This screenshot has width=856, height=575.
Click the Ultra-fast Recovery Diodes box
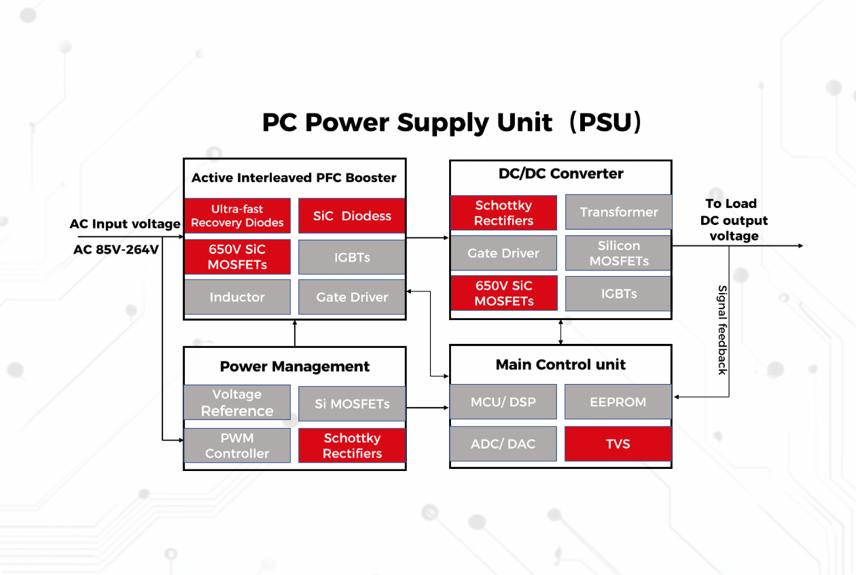237,216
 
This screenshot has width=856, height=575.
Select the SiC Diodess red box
352,216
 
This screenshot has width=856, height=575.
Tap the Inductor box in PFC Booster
237,297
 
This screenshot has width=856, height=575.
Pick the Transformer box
618,212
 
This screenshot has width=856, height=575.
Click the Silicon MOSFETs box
618,253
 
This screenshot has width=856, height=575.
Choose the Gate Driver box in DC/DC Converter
503,253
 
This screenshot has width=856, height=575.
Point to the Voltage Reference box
237,402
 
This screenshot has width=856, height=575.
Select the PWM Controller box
237,445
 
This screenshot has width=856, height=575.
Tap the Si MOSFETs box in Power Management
352,404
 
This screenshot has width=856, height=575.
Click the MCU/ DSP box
503,402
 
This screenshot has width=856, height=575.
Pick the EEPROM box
618,402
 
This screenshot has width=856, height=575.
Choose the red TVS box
618,444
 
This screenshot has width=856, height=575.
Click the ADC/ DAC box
503,444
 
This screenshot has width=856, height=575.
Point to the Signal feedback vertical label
722,330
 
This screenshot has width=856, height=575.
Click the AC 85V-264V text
116,249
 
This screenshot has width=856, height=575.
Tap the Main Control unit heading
560,365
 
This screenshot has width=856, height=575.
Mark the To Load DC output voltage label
734,220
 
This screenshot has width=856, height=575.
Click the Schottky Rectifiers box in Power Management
352,445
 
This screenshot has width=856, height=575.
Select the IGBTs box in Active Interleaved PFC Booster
352,258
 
